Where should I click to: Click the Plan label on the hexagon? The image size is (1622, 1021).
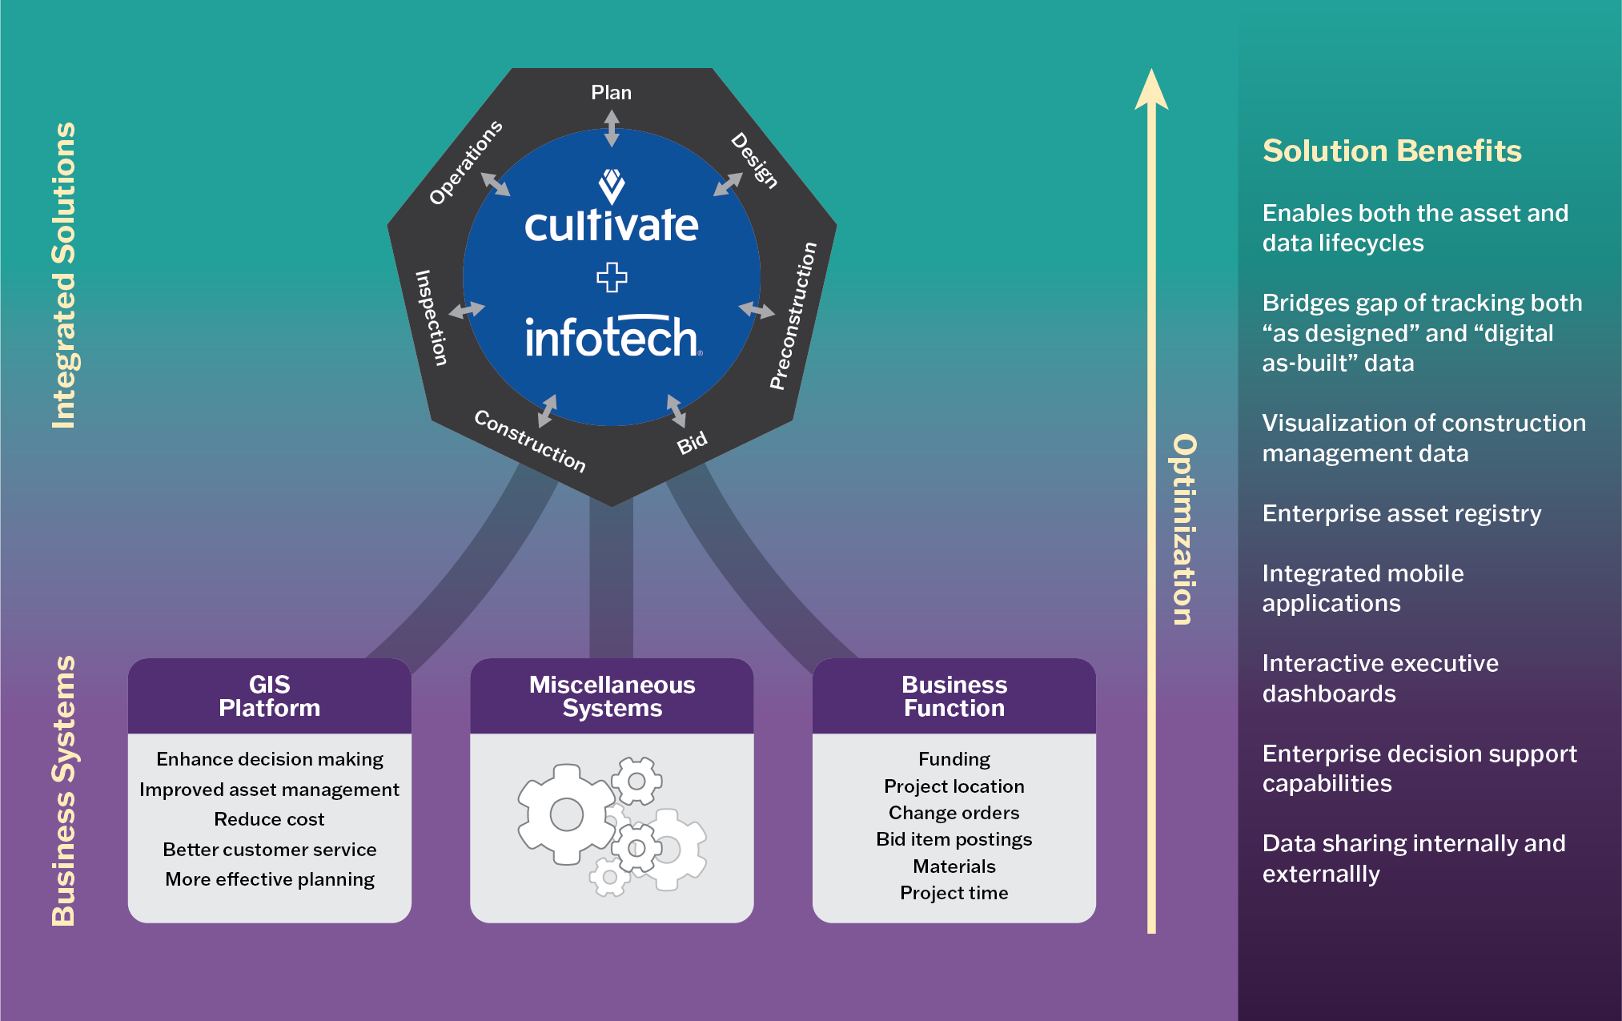[x=611, y=93]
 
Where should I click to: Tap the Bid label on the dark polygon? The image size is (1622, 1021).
[x=693, y=442]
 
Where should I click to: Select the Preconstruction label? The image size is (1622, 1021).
[x=793, y=316]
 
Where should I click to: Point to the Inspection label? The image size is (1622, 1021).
[x=431, y=318]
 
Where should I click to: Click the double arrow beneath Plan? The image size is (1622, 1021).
[x=612, y=128]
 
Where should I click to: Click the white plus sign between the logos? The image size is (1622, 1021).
[x=612, y=277]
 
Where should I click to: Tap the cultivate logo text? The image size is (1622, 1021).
[x=611, y=225]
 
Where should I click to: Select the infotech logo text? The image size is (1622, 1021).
[x=612, y=337]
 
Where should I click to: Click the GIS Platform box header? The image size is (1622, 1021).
[x=269, y=696]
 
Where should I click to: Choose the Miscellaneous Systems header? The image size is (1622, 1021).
[x=612, y=696]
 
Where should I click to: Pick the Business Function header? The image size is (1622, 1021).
[x=954, y=696]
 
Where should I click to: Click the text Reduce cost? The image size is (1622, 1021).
[x=269, y=819]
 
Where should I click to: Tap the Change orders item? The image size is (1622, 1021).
[x=954, y=813]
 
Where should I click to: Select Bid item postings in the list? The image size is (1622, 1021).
[x=954, y=839]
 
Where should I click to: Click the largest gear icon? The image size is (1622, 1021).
[x=566, y=814]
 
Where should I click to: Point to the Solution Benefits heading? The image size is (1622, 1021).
[x=1391, y=151]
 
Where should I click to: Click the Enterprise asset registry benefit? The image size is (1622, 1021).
[x=1401, y=513]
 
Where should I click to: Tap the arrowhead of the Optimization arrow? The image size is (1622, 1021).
[x=1151, y=89]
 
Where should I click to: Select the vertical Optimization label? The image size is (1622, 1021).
[x=1184, y=529]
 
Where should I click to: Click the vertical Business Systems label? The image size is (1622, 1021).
[x=64, y=790]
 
